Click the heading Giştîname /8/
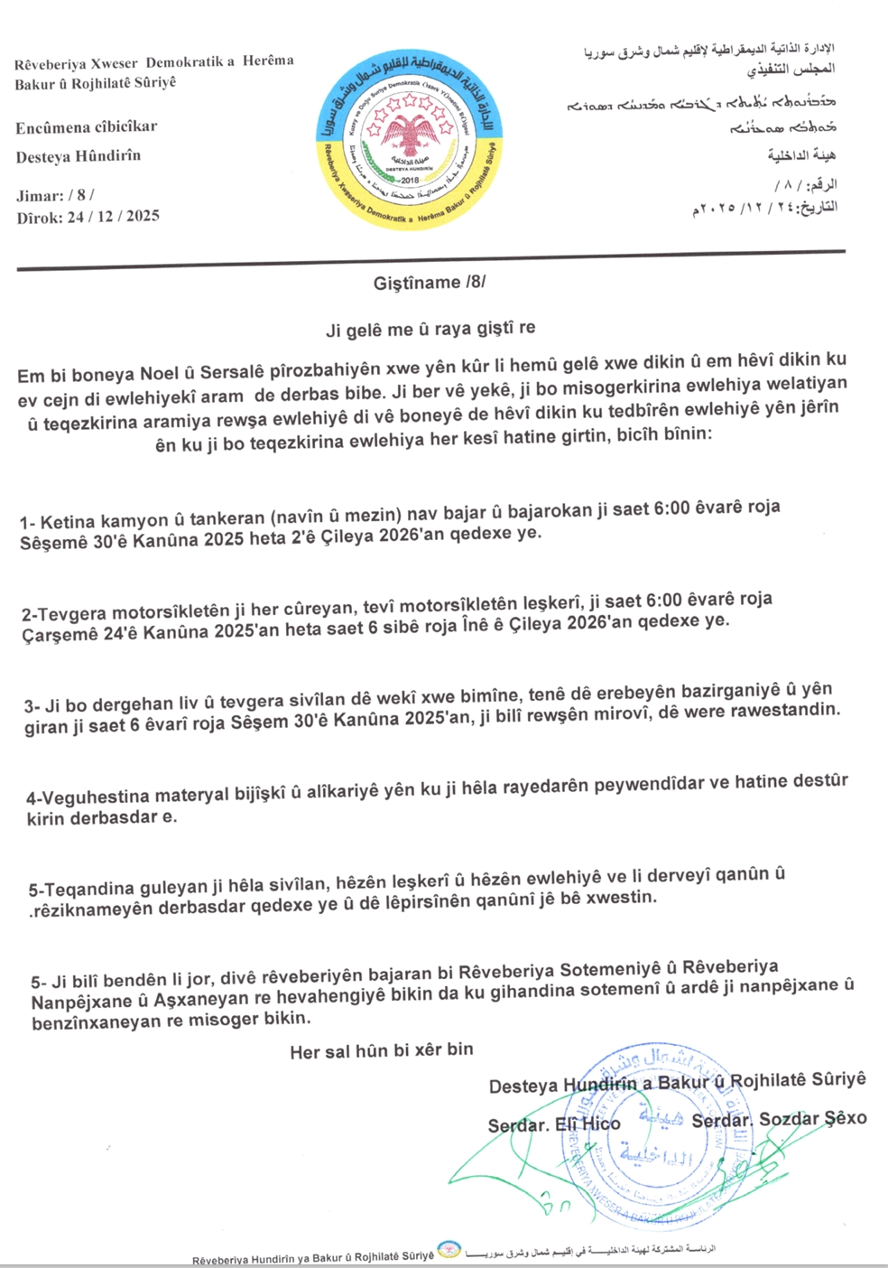pyautogui.click(x=430, y=283)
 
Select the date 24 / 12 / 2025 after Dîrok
pyautogui.click(x=113, y=216)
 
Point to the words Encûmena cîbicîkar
pyautogui.click(x=87, y=127)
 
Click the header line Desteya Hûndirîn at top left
pyautogui.click(x=79, y=156)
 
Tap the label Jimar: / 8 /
pyautogui.click(x=55, y=194)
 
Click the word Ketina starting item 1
pyautogui.click(x=67, y=521)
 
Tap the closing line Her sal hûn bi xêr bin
pyautogui.click(x=382, y=1050)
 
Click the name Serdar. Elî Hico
pyautogui.click(x=554, y=1124)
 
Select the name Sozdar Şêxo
pyautogui.click(x=812, y=1119)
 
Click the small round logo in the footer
pyautogui.click(x=449, y=1251)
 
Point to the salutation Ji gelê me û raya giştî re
pyautogui.click(x=430, y=330)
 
